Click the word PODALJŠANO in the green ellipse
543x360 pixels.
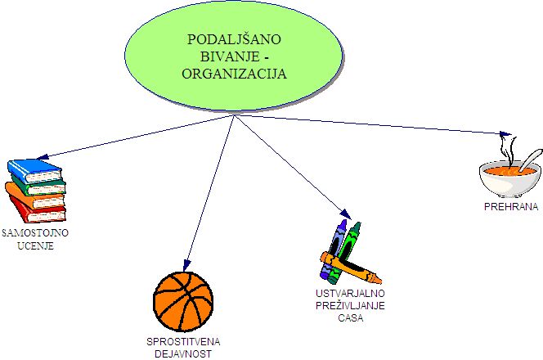(x=233, y=39)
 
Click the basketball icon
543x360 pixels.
(x=182, y=299)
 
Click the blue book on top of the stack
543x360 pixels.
(x=35, y=169)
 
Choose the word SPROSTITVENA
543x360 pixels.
(x=184, y=341)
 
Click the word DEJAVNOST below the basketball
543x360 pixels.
(x=184, y=353)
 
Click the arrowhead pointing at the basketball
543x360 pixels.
(x=186, y=262)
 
